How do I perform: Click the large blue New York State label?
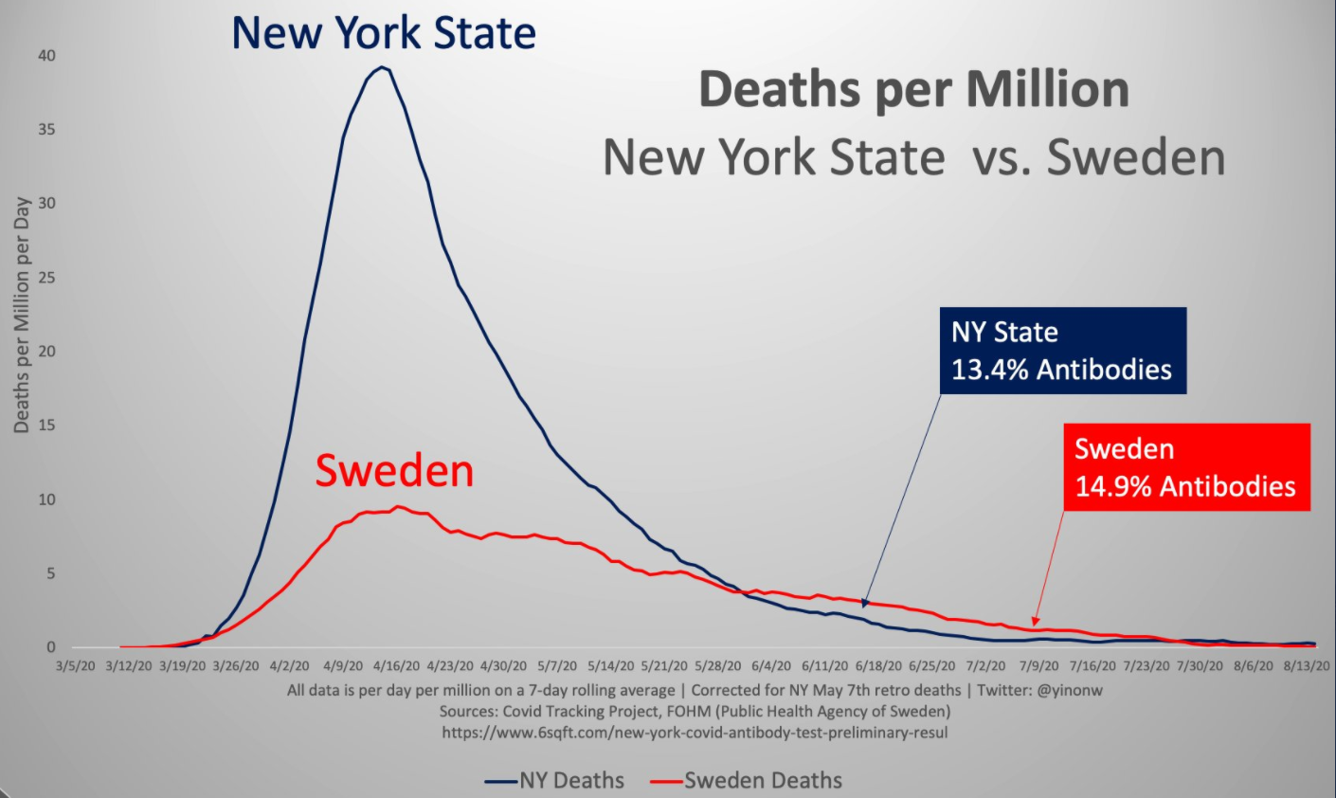tap(384, 34)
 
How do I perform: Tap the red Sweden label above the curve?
tap(394, 471)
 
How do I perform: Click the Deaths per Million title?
tap(913, 90)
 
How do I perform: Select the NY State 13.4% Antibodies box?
tap(1062, 351)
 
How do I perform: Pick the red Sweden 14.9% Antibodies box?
tap(1185, 467)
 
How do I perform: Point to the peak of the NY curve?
tap(381, 67)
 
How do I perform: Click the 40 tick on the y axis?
tap(46, 56)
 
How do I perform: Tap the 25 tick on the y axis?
tap(46, 278)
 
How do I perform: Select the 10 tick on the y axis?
tap(46, 499)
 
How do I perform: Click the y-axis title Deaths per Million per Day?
tap(22, 316)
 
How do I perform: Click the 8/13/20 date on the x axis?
tap(1307, 666)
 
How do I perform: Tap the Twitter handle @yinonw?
tap(1070, 691)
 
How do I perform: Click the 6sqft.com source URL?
tap(695, 733)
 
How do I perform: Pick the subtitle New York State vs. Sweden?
tap(913, 157)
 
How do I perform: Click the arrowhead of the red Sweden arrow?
tap(1036, 622)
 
